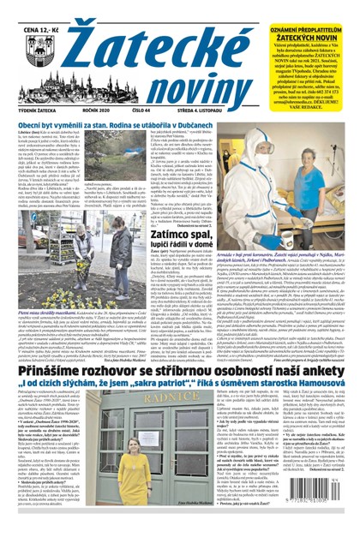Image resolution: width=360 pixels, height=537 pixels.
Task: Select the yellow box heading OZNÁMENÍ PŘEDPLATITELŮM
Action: click(x=310, y=8)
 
